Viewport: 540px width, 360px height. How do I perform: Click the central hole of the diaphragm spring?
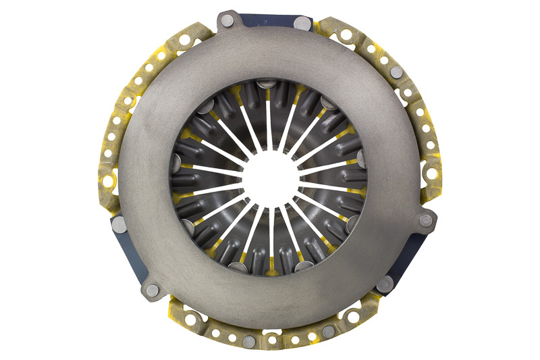pos(269,180)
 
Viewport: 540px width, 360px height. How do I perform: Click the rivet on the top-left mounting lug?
pos(227,20)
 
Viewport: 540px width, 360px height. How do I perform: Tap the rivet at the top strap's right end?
pos(303,24)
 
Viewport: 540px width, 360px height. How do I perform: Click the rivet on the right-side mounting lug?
pos(425,220)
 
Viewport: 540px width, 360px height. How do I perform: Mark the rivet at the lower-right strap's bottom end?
pos(385,284)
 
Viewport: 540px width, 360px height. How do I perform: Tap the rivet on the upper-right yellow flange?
pos(397,72)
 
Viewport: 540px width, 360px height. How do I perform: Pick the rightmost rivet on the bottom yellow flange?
pos(328,330)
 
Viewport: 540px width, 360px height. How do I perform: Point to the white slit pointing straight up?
pos(269,122)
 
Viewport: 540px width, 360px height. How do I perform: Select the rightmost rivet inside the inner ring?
pos(362,159)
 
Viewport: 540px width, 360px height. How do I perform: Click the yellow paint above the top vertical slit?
pos(269,93)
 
